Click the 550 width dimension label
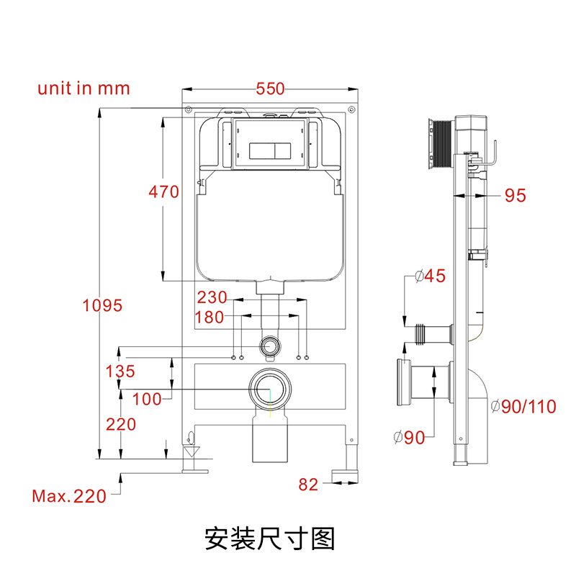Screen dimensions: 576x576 point(271,89)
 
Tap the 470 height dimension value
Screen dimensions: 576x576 point(163,192)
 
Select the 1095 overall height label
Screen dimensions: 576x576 point(102,305)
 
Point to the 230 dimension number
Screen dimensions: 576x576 point(212,297)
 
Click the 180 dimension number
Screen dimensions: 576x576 point(209,318)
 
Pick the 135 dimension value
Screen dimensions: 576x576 point(120,372)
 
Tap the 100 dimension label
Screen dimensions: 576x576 point(148,399)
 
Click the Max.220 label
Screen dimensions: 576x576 point(69,495)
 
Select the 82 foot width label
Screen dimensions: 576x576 point(308,485)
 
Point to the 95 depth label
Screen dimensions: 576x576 point(516,196)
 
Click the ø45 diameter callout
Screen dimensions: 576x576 point(431,276)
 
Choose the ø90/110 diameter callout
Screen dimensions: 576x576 point(523,407)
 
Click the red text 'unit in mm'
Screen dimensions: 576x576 point(84,89)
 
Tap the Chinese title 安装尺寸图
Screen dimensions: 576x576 point(270,537)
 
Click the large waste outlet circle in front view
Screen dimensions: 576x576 point(270,390)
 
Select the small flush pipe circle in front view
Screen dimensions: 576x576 point(270,346)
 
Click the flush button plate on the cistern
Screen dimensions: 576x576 point(271,151)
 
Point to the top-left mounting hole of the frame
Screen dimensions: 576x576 point(188,109)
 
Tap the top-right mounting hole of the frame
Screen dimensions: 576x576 point(352,109)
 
